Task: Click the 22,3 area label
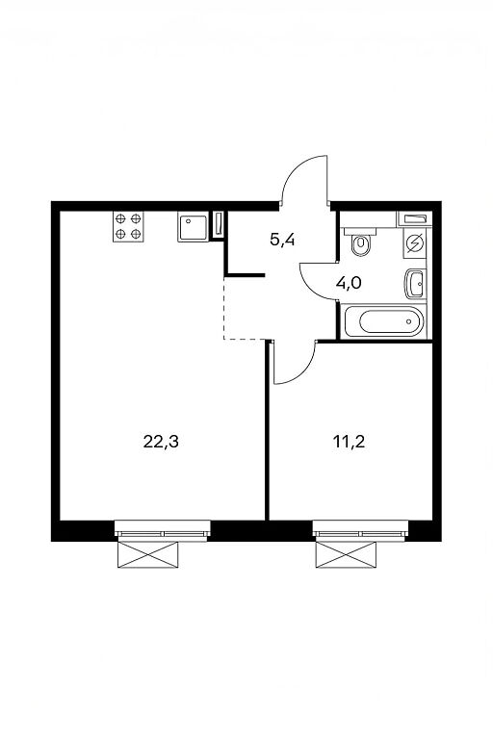(x=161, y=442)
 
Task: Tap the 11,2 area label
(x=350, y=442)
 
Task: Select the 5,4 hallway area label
(x=282, y=240)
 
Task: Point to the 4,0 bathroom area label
(x=349, y=283)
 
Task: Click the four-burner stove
(x=128, y=226)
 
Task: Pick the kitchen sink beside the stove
(x=193, y=227)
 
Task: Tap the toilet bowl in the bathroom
(x=362, y=242)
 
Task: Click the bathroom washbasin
(x=415, y=284)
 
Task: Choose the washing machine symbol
(x=415, y=243)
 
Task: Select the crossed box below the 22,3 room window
(x=147, y=554)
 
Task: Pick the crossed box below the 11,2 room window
(x=346, y=554)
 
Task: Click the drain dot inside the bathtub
(x=409, y=322)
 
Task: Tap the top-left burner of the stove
(x=121, y=218)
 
